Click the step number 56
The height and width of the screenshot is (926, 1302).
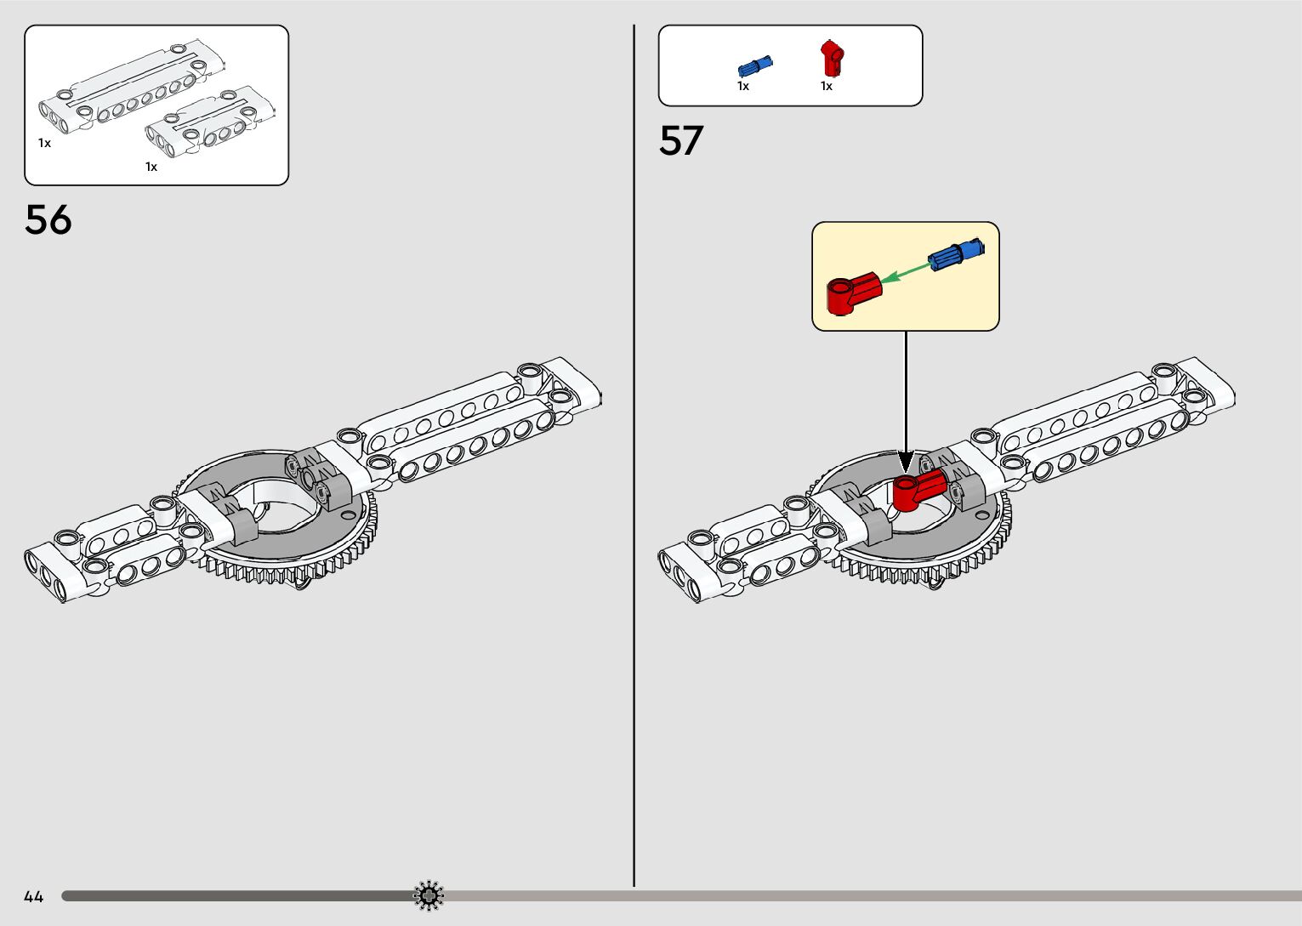tap(48, 220)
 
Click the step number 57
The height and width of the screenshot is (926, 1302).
tap(681, 141)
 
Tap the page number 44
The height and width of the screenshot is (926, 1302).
tap(34, 896)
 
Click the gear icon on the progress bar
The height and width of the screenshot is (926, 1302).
tap(429, 895)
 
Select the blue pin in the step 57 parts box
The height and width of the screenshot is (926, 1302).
tap(754, 65)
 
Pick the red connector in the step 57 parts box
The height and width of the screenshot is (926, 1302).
tap(832, 58)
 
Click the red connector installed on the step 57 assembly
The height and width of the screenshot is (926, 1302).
tap(918, 489)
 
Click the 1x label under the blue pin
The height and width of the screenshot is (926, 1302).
tap(743, 86)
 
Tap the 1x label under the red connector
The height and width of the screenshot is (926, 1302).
tap(827, 86)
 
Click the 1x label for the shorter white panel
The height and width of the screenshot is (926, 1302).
tap(151, 167)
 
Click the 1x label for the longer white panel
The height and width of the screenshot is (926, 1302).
tap(44, 143)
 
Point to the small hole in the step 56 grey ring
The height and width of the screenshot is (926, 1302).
tap(345, 515)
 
